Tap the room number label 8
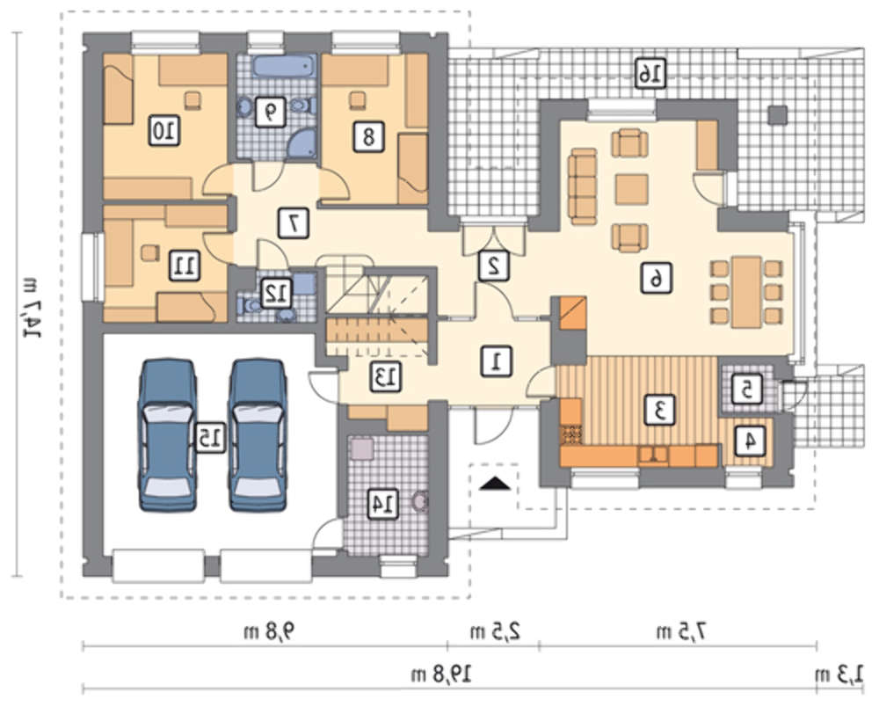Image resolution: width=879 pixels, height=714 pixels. click(369, 136)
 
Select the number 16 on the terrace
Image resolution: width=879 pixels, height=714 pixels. click(650, 73)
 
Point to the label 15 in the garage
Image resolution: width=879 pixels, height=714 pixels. click(210, 437)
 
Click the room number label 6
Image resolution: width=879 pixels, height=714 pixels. click(656, 278)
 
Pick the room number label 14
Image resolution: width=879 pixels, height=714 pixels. click(383, 503)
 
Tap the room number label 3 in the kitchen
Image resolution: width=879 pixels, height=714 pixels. click(660, 409)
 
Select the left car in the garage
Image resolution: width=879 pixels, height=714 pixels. click(168, 435)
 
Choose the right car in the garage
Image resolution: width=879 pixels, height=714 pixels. click(258, 435)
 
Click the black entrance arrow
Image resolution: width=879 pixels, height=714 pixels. click(496, 483)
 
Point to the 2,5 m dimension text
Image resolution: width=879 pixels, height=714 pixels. click(495, 632)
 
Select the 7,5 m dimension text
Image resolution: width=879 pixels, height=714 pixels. click(680, 632)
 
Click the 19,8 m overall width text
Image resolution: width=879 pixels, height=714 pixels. click(441, 673)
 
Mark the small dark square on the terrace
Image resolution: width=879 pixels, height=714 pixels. click(778, 115)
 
